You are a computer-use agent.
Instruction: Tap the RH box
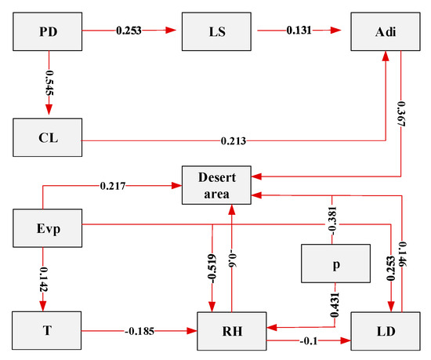(232, 330)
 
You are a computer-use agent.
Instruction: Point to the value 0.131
(298, 33)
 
